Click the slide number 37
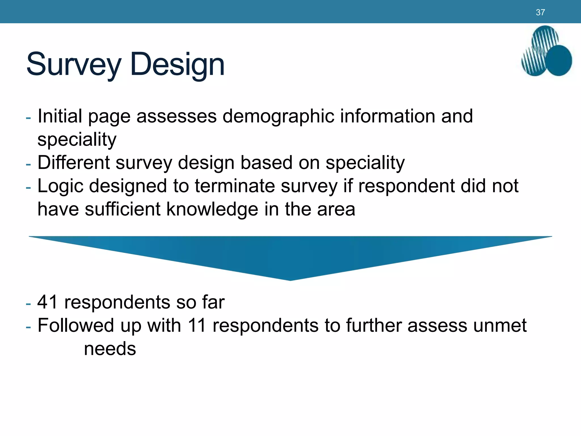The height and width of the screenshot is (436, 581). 540,12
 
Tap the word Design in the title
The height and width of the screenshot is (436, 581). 177,64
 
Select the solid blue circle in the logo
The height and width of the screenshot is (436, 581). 559,60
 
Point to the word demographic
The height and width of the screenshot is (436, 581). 278,116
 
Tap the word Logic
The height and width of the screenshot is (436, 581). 60,186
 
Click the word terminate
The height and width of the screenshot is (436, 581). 235,186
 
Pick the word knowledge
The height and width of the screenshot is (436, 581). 212,209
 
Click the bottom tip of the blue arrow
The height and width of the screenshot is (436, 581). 290,279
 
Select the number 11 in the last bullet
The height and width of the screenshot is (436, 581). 197,325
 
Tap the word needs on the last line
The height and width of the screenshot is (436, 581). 110,349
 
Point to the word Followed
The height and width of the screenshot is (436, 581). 75,325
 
